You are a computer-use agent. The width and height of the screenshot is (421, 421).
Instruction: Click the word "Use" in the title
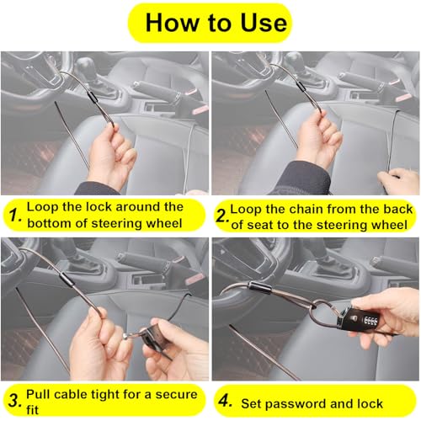[x=264, y=23]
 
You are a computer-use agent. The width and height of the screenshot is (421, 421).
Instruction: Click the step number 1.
[x=14, y=216]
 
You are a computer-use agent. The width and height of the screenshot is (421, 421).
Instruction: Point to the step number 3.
[x=15, y=400]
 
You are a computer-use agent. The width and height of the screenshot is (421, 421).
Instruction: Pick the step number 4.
[x=225, y=401]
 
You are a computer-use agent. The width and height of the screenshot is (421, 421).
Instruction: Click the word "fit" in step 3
[x=32, y=410]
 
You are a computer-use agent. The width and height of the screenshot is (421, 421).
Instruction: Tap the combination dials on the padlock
[x=371, y=321]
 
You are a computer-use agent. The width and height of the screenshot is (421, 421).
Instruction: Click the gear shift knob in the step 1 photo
[x=84, y=66]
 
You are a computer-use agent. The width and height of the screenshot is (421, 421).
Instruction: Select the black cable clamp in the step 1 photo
[x=92, y=96]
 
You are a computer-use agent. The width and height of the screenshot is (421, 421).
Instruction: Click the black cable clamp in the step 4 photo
[x=260, y=287]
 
